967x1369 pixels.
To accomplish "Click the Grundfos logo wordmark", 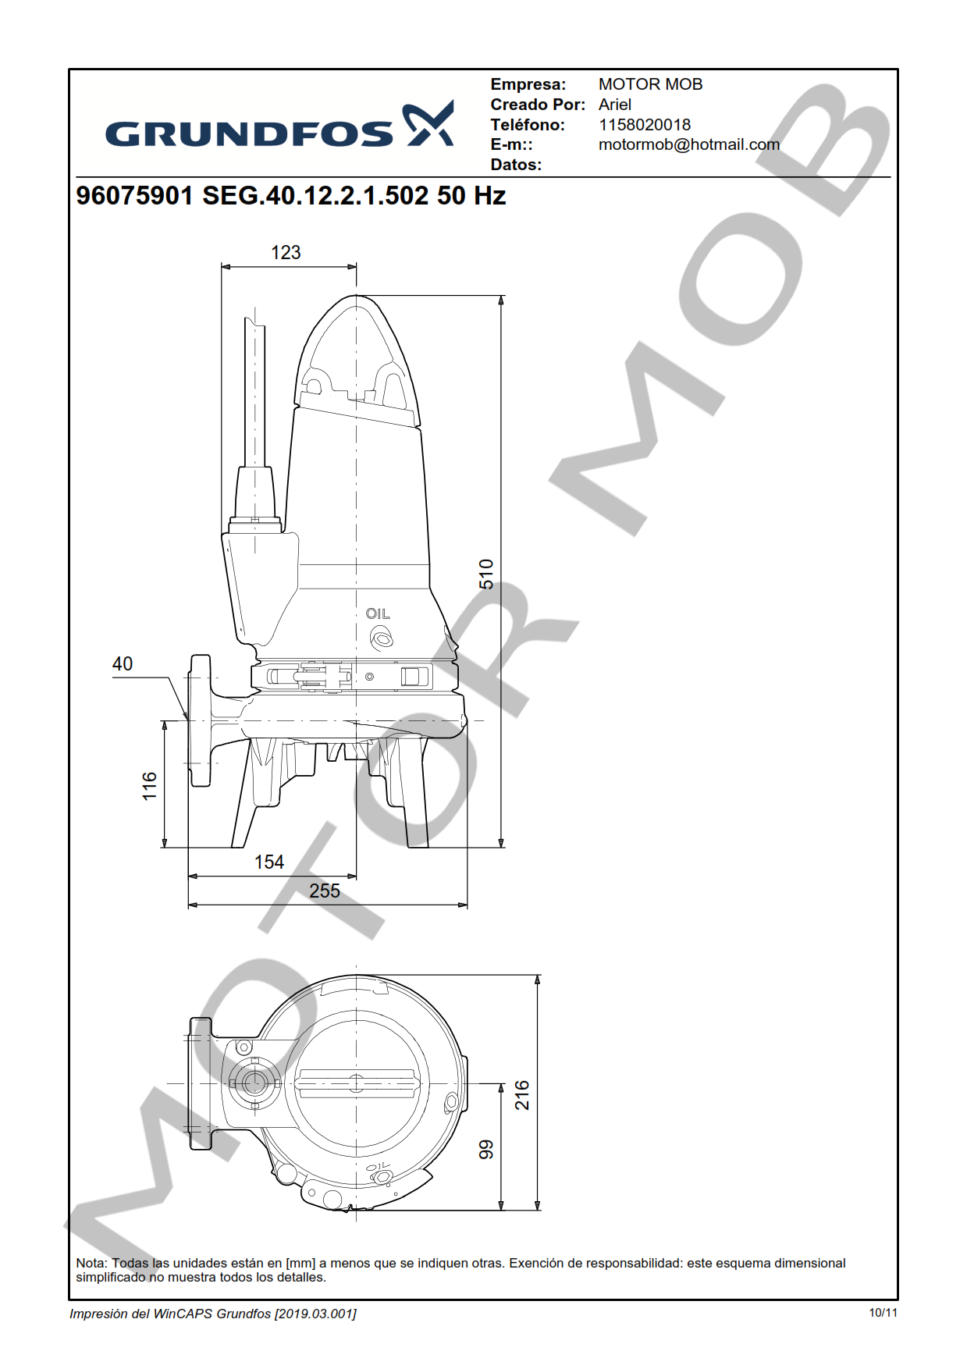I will pyautogui.click(x=249, y=133).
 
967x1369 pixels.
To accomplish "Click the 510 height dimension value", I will pyautogui.click(x=486, y=574).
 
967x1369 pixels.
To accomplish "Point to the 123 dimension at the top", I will pyautogui.click(x=286, y=253).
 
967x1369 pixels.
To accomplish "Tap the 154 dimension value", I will pyautogui.click(x=269, y=862).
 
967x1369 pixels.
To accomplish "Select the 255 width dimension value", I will pyautogui.click(x=325, y=891).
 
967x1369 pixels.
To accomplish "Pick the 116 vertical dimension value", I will pyautogui.click(x=150, y=786).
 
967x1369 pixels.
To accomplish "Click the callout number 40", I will pyautogui.click(x=123, y=663).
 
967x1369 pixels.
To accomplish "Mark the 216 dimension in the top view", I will pyautogui.click(x=522, y=1095).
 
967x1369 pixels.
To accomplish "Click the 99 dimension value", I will pyautogui.click(x=486, y=1149).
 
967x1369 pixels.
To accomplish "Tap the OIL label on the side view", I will pyautogui.click(x=378, y=614).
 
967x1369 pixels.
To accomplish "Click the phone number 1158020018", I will pyautogui.click(x=645, y=125).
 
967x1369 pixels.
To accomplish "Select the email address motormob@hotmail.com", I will pyautogui.click(x=689, y=144).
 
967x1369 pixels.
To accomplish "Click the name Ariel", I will pyautogui.click(x=615, y=105).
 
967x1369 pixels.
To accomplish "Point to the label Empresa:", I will pyautogui.click(x=528, y=84).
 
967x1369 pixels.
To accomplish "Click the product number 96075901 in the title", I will pyautogui.click(x=134, y=195).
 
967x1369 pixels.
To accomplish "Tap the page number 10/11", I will pyautogui.click(x=883, y=1313).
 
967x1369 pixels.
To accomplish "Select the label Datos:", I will pyautogui.click(x=516, y=165).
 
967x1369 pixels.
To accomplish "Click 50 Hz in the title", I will pyautogui.click(x=471, y=195).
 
